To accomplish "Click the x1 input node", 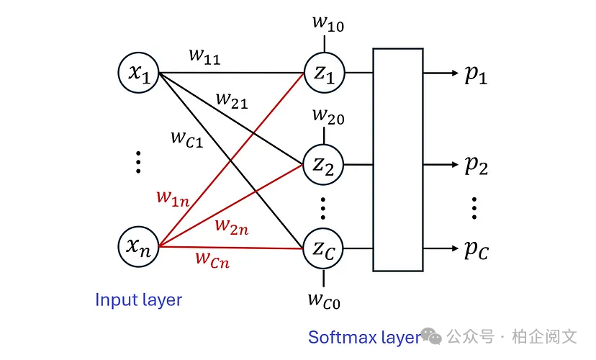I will point(139,73).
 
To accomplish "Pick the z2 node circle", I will point(324,165).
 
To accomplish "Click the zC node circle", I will point(324,248).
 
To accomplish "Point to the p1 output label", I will point(476,74).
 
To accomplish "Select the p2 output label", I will point(476,166).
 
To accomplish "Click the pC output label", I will point(476,250).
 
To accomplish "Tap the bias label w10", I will point(328,23).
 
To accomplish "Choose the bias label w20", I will point(328,115).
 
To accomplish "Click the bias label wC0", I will point(325,299).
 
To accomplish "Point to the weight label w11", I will point(205,57).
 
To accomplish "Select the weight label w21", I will point(232,101).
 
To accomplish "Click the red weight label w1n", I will point(173,197).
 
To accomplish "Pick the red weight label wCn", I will point(212,258).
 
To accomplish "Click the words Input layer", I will point(139,300).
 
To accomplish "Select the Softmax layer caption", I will point(364,337).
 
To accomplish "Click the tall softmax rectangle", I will point(397,159).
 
